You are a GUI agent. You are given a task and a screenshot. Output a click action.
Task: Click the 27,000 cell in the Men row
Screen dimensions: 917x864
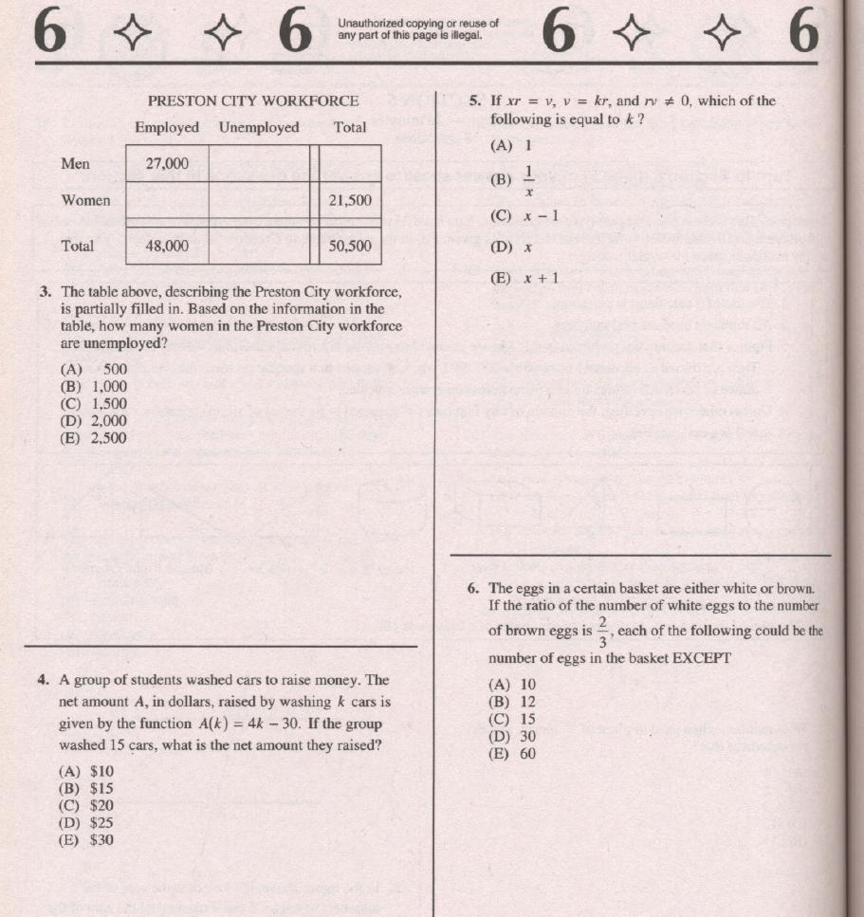pyautogui.click(x=167, y=163)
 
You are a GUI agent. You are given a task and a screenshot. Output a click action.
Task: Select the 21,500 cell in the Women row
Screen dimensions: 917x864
pyautogui.click(x=350, y=201)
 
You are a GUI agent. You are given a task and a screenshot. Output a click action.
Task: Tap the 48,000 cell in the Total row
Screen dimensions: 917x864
pyautogui.click(x=167, y=246)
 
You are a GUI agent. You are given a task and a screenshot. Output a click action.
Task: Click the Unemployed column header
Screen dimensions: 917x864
pyautogui.click(x=258, y=127)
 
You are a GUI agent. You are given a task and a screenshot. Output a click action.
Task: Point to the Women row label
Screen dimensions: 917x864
pyautogui.click(x=85, y=200)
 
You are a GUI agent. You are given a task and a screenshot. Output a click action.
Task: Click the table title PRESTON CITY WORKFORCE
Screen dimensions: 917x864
pyautogui.click(x=253, y=101)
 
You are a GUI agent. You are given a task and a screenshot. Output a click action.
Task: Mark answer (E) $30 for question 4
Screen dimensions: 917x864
pyautogui.click(x=87, y=839)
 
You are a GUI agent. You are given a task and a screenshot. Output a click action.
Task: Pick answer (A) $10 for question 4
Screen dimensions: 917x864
pyautogui.click(x=87, y=771)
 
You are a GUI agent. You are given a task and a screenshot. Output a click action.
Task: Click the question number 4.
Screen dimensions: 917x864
pyautogui.click(x=45, y=680)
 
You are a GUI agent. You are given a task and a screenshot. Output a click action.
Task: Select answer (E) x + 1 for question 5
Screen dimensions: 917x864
pyautogui.click(x=524, y=278)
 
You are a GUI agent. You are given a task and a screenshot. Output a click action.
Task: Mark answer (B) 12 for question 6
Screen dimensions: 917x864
pyautogui.click(x=512, y=702)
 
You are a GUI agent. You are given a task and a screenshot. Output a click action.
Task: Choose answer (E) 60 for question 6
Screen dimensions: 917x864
pyautogui.click(x=512, y=754)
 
